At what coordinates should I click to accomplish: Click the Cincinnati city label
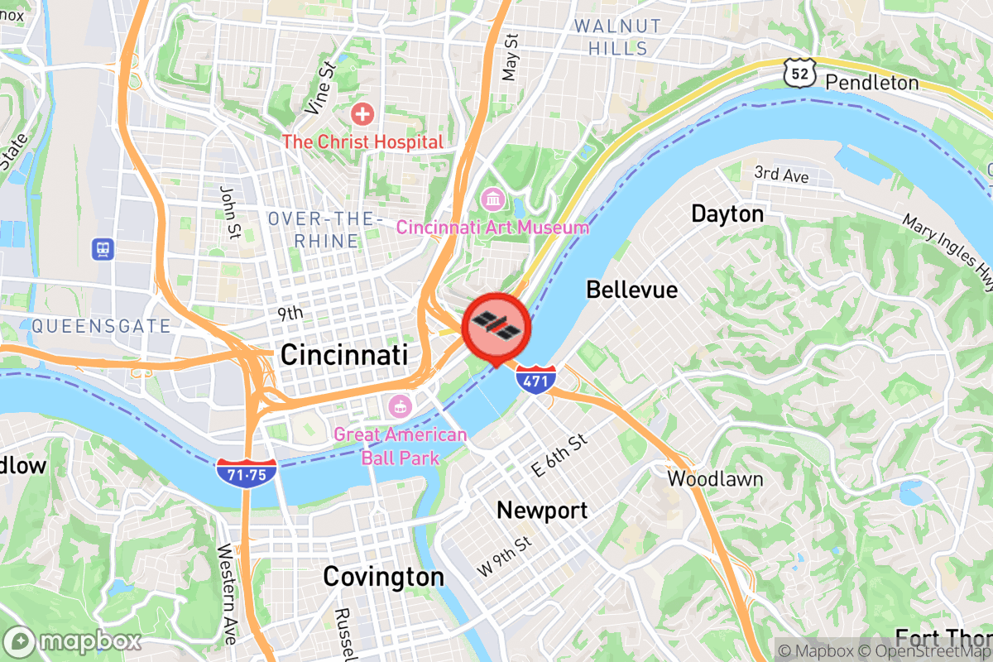tap(343, 355)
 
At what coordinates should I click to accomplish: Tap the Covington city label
tap(383, 576)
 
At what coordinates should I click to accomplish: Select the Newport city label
tap(542, 510)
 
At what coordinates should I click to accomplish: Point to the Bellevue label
tap(631, 290)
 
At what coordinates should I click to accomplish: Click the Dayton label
tap(727, 214)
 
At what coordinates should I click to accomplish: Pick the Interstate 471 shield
tap(535, 380)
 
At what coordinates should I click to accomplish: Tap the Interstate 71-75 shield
tap(247, 473)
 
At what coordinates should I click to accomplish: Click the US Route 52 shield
tap(799, 74)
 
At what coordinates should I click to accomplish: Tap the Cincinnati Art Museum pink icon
tap(492, 199)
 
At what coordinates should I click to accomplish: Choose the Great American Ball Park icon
tap(400, 406)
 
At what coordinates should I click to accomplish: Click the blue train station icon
tap(103, 247)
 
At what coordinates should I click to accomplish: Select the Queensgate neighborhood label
tap(101, 326)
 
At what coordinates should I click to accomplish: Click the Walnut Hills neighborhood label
tap(618, 37)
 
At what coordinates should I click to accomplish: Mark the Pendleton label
tap(872, 83)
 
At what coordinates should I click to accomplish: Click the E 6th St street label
tap(559, 455)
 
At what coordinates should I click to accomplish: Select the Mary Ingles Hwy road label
tap(947, 252)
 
